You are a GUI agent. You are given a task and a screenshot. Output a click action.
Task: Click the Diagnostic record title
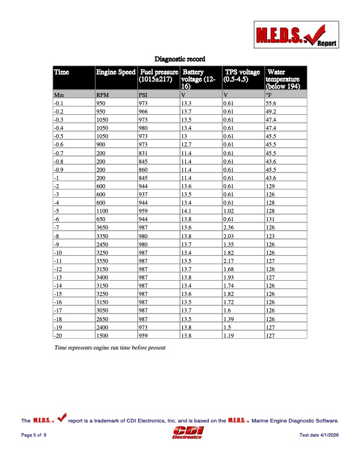tap(179, 59)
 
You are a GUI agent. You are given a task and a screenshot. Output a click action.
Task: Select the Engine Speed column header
tap(115, 72)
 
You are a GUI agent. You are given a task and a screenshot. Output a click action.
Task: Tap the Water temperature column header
tap(283, 78)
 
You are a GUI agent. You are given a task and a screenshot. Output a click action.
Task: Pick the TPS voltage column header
tap(242, 75)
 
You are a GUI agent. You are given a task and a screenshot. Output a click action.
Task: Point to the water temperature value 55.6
tap(271, 102)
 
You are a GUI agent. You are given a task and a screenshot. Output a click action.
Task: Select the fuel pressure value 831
tap(144, 152)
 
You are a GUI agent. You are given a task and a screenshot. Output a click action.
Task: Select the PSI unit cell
tap(143, 94)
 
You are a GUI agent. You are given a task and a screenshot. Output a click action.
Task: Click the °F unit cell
tap(269, 94)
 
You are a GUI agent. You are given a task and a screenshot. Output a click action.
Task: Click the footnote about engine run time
tap(110, 348)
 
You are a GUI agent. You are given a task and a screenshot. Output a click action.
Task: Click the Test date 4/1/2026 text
tap(319, 434)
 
